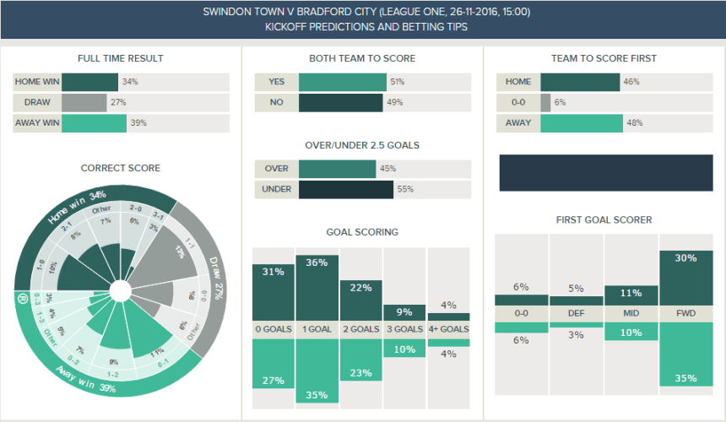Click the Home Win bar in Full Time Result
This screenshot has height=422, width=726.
pyautogui.click(x=89, y=82)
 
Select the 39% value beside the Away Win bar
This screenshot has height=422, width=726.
pyautogui.click(x=138, y=123)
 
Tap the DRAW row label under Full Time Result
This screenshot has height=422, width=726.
pyautogui.click(x=37, y=103)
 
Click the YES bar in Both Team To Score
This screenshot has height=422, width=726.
pyautogui.click(x=342, y=82)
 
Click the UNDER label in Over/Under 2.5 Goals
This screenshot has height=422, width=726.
pyautogui.click(x=276, y=189)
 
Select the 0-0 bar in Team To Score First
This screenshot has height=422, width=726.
pyautogui.click(x=545, y=103)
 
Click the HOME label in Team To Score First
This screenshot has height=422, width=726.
pyautogui.click(x=518, y=82)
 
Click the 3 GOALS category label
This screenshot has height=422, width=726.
pyautogui.click(x=405, y=329)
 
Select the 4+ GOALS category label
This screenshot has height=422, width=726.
pyautogui.click(x=449, y=329)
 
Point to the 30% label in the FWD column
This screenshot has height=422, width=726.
pyautogui.click(x=685, y=258)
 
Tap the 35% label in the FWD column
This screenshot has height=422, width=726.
pyautogui.click(x=685, y=378)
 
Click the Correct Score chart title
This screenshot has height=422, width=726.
pyautogui.click(x=120, y=168)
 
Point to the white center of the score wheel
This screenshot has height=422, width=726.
pyautogui.click(x=120, y=292)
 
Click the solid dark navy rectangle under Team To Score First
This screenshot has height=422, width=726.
pyautogui.click(x=602, y=173)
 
